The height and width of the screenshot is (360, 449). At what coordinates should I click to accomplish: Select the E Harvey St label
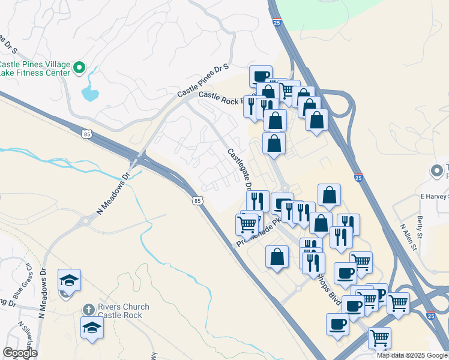[x=433, y=196]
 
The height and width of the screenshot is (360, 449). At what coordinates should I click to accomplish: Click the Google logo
[x=20, y=353]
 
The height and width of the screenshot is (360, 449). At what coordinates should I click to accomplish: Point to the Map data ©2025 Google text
[x=412, y=355]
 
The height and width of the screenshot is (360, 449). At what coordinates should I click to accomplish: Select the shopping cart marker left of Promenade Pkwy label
[x=247, y=224]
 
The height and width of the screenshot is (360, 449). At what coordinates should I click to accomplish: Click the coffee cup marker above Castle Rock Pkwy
[x=261, y=76]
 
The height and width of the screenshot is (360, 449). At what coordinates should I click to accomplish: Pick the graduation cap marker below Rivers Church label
[x=92, y=328]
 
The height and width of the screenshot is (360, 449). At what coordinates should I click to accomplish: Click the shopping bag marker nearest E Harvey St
[x=330, y=194]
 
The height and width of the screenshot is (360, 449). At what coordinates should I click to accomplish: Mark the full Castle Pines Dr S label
[x=203, y=82]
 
